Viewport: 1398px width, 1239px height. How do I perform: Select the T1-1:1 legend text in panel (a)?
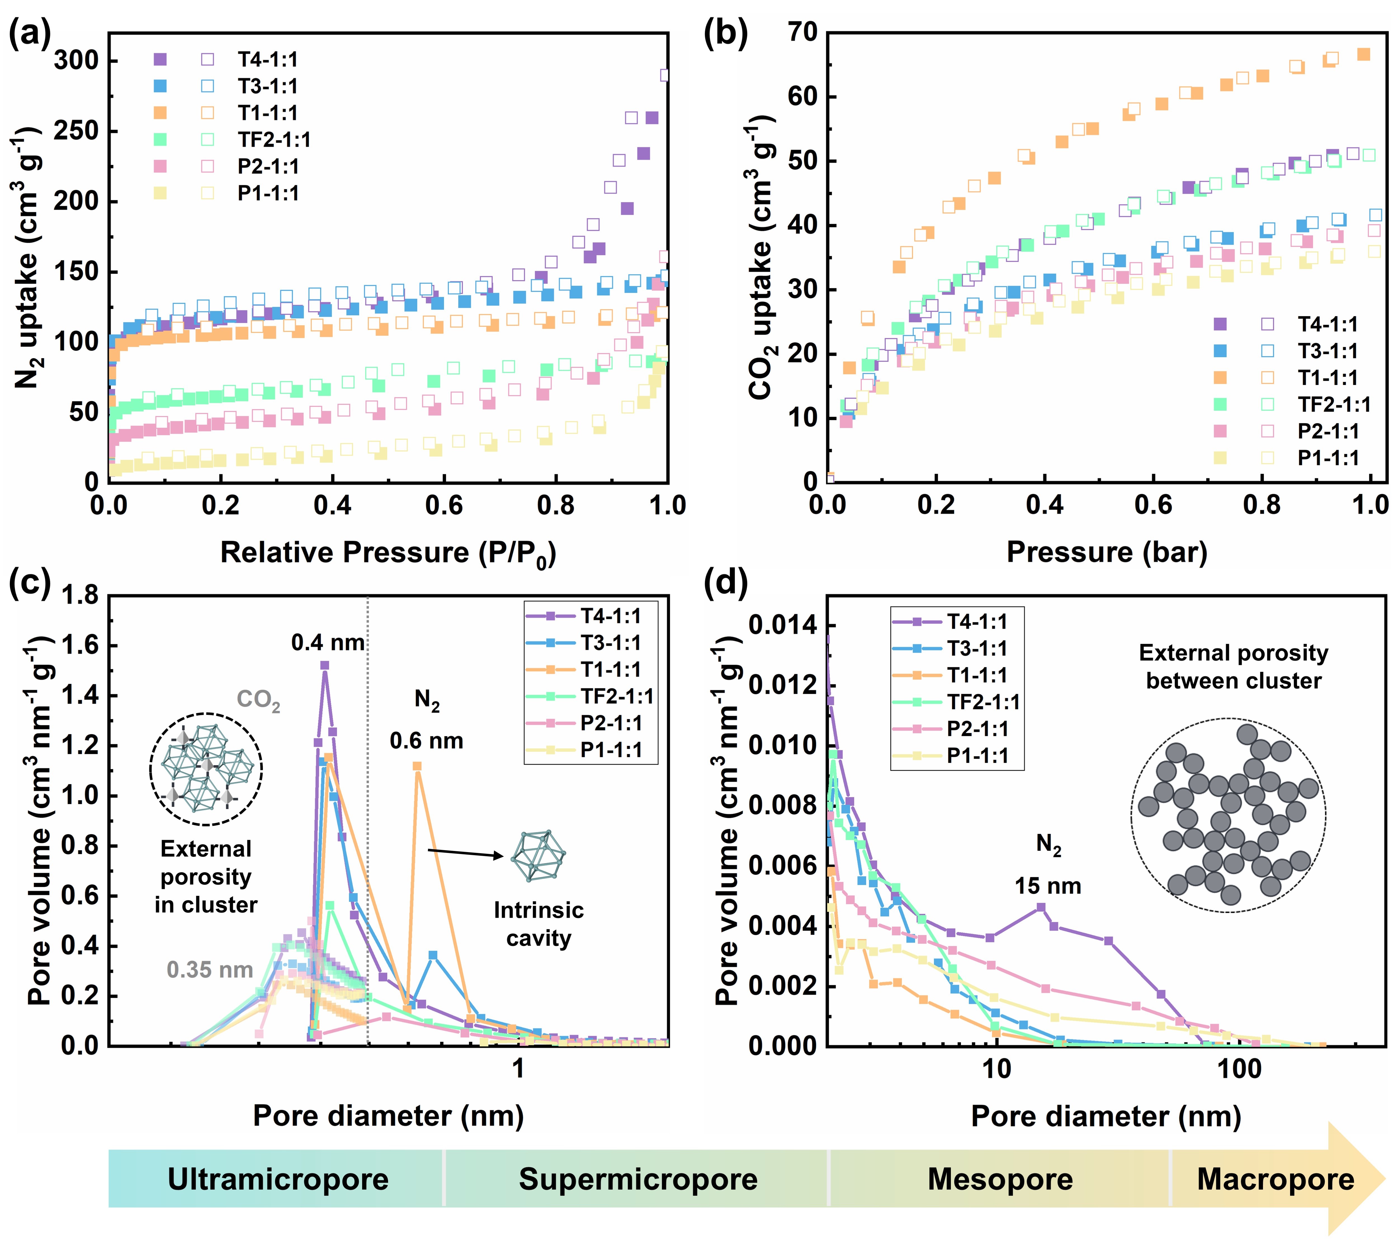coord(267,113)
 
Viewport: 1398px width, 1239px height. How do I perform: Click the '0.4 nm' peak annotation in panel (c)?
coord(328,643)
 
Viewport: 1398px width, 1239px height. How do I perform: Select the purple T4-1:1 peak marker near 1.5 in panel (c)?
coord(325,665)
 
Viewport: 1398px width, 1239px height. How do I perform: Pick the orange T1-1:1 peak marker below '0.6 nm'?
coord(417,766)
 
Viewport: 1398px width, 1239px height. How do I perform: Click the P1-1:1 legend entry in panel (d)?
coord(977,756)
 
